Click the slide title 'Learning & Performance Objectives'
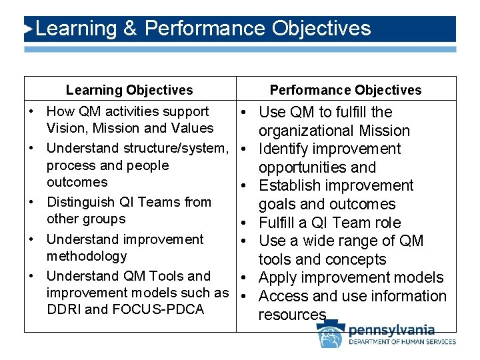click(x=203, y=29)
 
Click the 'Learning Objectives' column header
click(x=129, y=90)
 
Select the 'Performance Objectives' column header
click(x=345, y=90)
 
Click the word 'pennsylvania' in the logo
click(x=391, y=330)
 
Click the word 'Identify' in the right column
click(x=286, y=149)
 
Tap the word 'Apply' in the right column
click(x=278, y=278)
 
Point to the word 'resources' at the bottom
click(x=292, y=315)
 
